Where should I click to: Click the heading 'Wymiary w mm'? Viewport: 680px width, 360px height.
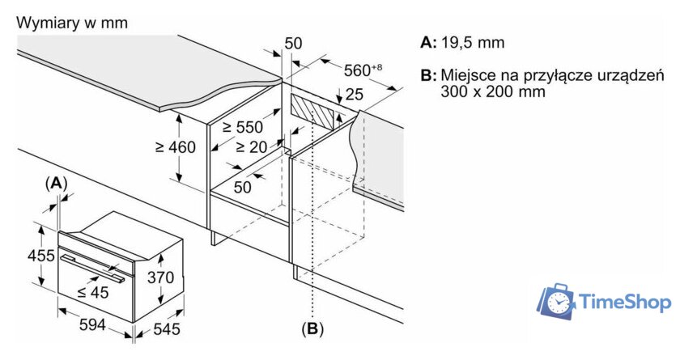click(72, 23)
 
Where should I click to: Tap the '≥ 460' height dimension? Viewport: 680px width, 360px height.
click(176, 147)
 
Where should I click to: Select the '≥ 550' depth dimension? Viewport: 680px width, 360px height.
click(243, 127)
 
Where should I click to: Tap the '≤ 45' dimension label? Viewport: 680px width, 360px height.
click(93, 292)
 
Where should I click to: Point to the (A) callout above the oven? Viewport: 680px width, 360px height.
click(56, 184)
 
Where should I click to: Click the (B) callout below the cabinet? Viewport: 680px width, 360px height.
click(312, 329)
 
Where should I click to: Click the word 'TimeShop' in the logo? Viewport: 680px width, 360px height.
click(625, 303)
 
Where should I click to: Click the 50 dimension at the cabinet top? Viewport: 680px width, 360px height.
click(293, 42)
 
